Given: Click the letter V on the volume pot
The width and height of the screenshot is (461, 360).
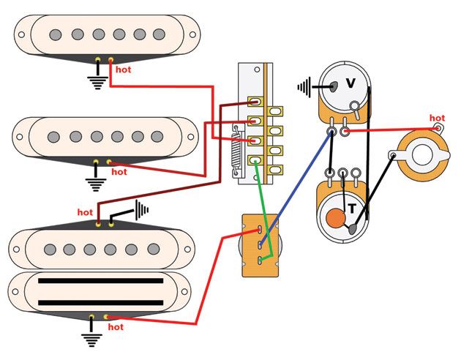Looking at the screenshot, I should point(351,83).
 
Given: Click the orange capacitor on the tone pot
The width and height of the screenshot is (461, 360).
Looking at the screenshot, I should point(336,218).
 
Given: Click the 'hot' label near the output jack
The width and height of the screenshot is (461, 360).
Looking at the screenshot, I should point(437,118).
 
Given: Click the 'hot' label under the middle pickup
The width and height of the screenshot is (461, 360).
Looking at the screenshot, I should point(118,172).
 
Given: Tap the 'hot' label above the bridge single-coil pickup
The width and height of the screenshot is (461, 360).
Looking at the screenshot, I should point(85,212).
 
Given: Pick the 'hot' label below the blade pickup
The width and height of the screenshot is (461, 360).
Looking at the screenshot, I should point(116,327).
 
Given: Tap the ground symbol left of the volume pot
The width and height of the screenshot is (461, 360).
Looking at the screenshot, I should point(304,87).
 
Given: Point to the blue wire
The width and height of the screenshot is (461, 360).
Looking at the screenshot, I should point(296,183).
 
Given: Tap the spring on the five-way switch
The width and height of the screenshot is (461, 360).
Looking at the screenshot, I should point(236,149).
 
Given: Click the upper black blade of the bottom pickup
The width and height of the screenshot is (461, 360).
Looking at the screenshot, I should point(100,281).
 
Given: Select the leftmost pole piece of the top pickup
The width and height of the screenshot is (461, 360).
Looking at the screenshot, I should point(53,34).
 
